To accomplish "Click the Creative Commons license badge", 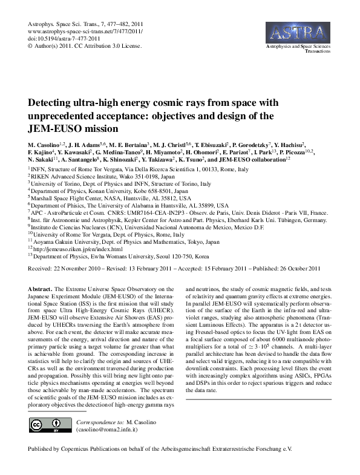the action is [47, 425].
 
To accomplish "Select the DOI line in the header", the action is [59, 37].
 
